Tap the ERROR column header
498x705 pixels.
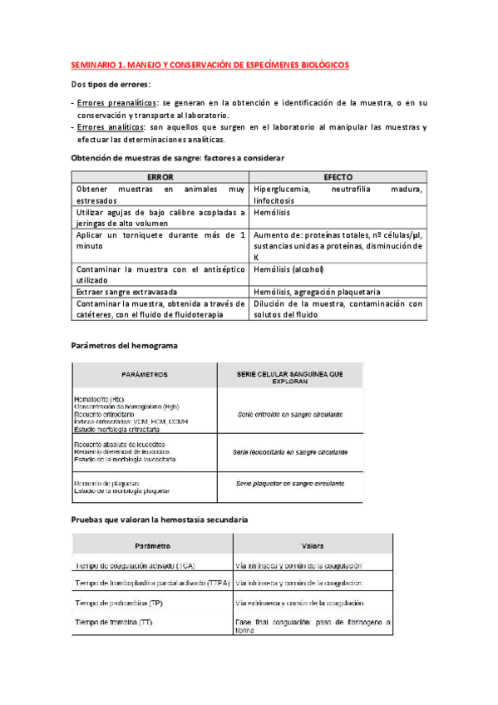coord(160,178)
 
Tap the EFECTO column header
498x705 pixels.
coord(338,178)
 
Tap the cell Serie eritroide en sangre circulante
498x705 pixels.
coord(290,414)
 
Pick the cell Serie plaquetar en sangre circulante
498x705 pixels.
coord(290,483)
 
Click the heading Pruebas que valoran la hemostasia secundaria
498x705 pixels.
coord(159,520)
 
